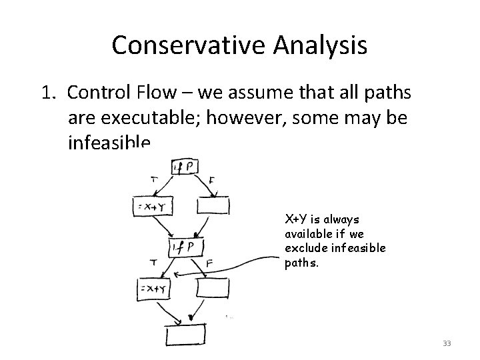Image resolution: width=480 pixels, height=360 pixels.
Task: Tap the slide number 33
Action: [447, 343]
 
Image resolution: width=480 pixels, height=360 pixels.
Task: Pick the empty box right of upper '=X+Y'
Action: [212, 207]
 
